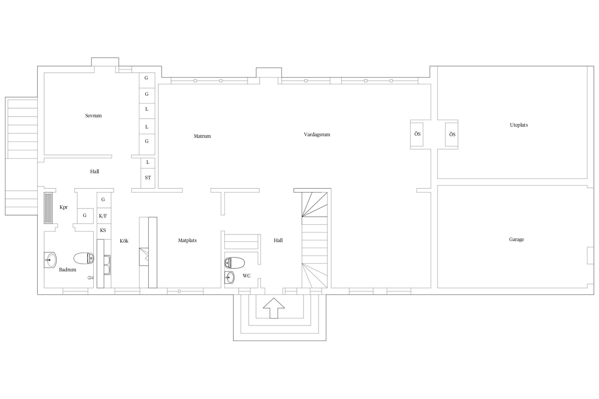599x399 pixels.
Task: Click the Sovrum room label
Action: click(x=93, y=116)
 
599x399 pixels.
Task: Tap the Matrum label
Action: click(x=202, y=136)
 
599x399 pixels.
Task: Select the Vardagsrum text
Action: click(x=317, y=135)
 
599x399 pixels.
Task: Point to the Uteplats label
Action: click(x=519, y=125)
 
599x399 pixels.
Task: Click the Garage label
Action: click(x=516, y=239)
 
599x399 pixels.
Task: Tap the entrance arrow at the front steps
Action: click(x=274, y=308)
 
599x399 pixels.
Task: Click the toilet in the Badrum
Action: click(x=84, y=258)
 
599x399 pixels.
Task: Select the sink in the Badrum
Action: click(x=50, y=260)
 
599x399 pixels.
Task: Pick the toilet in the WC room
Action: click(x=235, y=263)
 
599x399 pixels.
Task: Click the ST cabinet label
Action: click(x=148, y=178)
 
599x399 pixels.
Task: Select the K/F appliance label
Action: click(x=103, y=216)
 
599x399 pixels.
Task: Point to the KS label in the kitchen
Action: click(x=103, y=230)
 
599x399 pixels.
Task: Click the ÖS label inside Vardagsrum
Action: click(x=417, y=134)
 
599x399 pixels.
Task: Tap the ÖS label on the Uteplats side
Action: click(x=452, y=134)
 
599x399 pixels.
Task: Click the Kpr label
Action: click(x=64, y=207)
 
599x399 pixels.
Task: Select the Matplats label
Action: click(x=187, y=240)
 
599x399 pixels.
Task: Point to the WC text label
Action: click(x=247, y=276)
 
